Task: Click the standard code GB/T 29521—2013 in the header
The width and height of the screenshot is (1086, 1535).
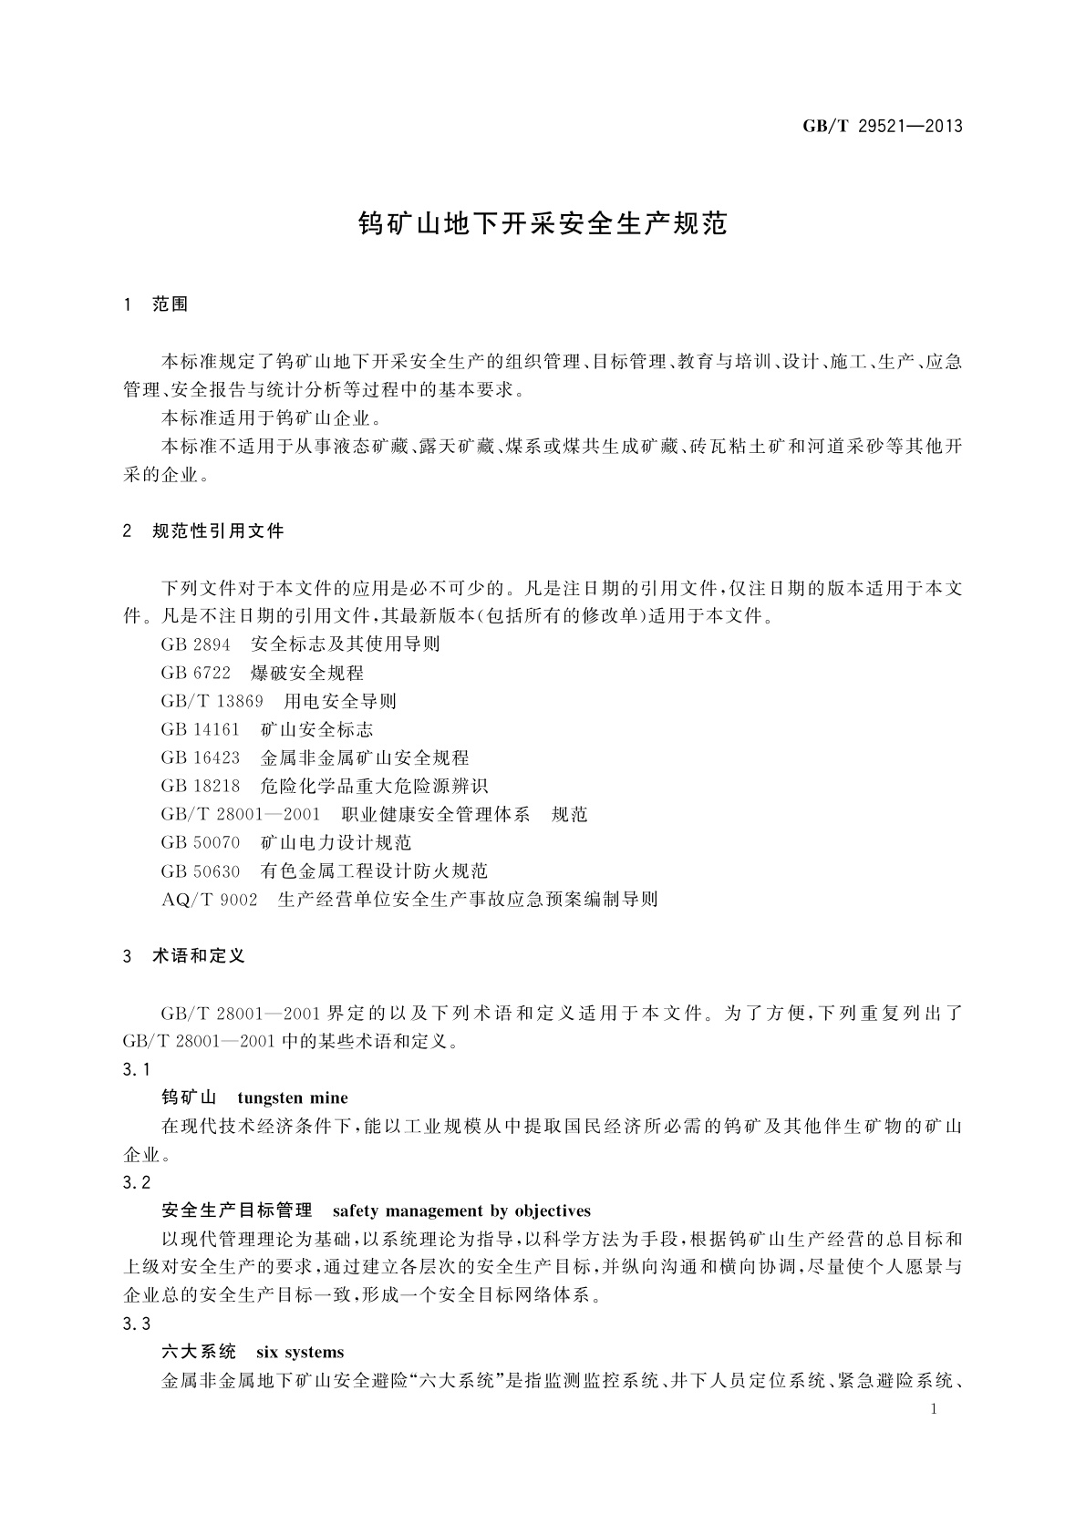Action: click(x=882, y=127)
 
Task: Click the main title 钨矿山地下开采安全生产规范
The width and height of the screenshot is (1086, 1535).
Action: click(x=543, y=224)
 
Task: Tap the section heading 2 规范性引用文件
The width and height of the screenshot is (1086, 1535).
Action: click(x=203, y=531)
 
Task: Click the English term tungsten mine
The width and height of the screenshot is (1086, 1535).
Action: click(x=292, y=1097)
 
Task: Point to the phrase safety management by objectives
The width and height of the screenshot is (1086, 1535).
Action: click(x=461, y=1211)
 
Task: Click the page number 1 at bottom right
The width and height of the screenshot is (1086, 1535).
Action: click(x=935, y=1409)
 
